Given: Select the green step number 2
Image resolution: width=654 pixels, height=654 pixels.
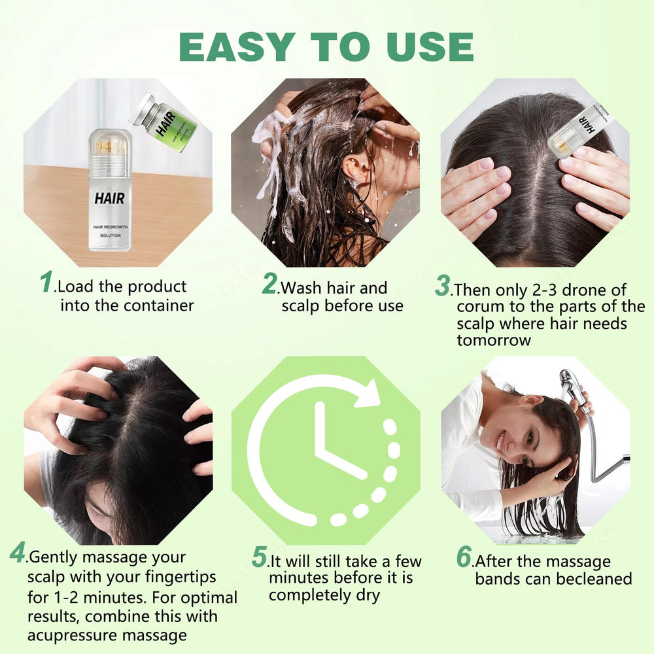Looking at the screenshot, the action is (x=270, y=284).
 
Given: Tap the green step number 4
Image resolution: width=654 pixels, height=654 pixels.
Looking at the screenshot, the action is (x=18, y=553).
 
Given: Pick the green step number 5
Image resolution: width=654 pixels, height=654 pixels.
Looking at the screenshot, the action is (x=259, y=557).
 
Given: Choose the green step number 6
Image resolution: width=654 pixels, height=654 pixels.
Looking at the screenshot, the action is (x=464, y=557).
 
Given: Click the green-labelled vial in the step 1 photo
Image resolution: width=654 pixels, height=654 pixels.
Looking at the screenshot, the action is (x=163, y=122).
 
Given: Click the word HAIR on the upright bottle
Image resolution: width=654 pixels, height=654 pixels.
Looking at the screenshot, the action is (x=110, y=198).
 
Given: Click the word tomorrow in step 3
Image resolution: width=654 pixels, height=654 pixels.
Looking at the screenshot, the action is (x=494, y=340).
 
